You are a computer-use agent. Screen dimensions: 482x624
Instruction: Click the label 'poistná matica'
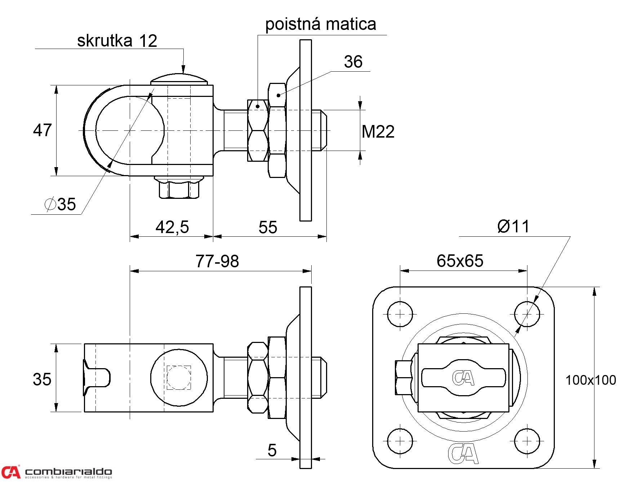point(320,24)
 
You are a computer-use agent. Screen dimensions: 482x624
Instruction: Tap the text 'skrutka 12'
point(117,41)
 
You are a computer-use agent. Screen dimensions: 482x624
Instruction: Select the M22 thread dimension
point(378,131)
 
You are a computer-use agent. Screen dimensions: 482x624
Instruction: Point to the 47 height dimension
point(42,130)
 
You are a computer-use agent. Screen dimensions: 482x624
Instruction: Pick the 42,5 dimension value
point(172,227)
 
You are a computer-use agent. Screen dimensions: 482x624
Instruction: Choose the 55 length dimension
point(268,227)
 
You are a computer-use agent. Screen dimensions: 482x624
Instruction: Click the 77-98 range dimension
point(217,261)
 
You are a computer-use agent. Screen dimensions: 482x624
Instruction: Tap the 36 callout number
point(353,62)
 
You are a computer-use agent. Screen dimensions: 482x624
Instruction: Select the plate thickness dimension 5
point(272,450)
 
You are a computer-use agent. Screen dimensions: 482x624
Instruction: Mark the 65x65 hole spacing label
point(460,261)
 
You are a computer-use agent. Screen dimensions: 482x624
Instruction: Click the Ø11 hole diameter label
point(513,227)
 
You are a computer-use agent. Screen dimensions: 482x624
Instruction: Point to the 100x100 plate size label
point(590,380)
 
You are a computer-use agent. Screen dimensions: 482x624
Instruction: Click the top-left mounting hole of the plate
point(400,314)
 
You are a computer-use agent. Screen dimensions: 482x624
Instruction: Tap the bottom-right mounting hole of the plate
point(527,441)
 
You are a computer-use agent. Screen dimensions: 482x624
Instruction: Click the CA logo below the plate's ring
point(463,454)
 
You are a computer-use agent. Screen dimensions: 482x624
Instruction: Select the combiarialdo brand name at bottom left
point(68,472)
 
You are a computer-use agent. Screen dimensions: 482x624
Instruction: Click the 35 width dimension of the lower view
point(42,379)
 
